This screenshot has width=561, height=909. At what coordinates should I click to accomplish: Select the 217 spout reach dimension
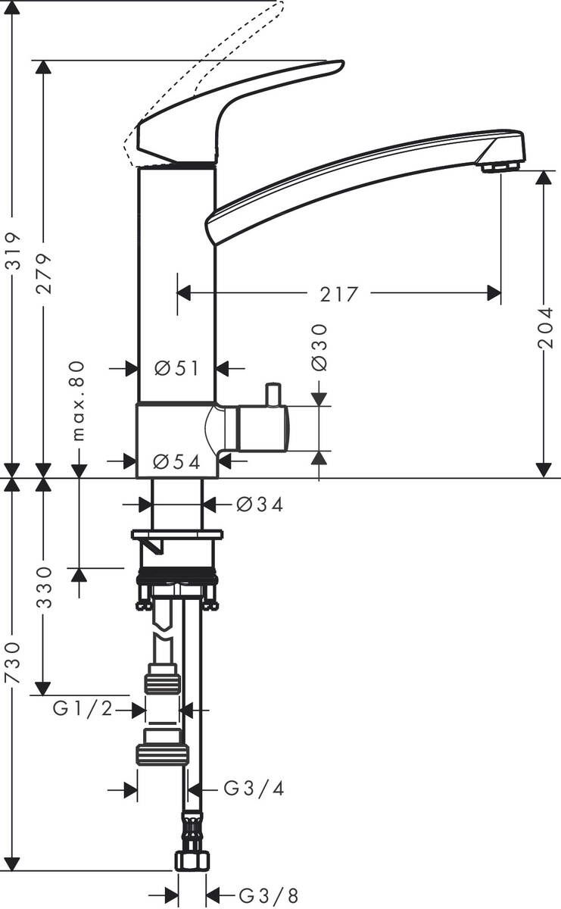[x=338, y=293]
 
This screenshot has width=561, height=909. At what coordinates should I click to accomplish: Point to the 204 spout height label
[x=545, y=328]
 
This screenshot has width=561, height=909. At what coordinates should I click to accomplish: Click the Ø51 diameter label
[x=176, y=368]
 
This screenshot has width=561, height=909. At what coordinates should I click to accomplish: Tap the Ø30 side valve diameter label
[x=319, y=348]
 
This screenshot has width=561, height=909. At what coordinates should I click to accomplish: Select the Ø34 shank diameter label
[x=259, y=504]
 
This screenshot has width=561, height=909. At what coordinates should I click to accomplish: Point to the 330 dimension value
[x=45, y=587]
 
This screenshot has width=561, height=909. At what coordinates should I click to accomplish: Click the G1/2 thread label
[x=83, y=710]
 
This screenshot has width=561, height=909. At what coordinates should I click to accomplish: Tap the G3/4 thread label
[x=254, y=789]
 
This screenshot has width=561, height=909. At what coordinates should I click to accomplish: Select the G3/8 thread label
[x=257, y=897]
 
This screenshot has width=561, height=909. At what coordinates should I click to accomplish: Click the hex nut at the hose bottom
[x=191, y=861]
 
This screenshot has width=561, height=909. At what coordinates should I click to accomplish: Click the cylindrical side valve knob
[x=262, y=429]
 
